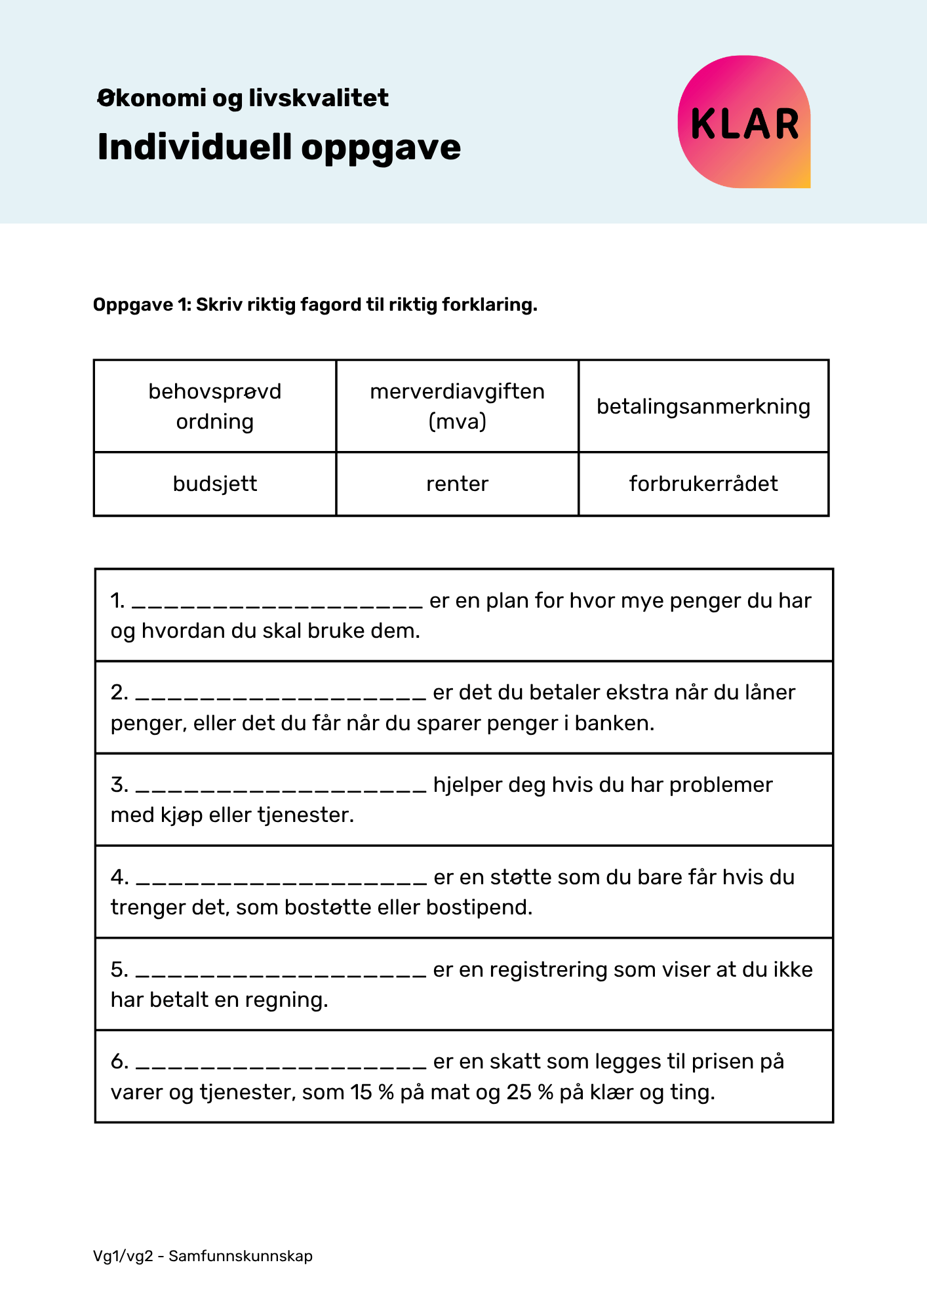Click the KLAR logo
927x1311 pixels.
pos(744,123)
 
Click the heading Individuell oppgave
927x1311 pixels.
pos(279,147)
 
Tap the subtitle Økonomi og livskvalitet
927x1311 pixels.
pos(243,98)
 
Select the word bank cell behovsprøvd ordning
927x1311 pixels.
pos(214,406)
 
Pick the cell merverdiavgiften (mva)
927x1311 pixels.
pos(457,406)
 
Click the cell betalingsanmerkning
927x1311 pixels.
pos(703,406)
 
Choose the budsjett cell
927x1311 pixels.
pos(214,484)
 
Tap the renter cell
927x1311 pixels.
pos(457,484)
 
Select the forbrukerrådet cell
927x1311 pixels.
pos(703,484)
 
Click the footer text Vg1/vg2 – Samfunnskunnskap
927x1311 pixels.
pos(203,1256)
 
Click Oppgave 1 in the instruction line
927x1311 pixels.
pos(141,305)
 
